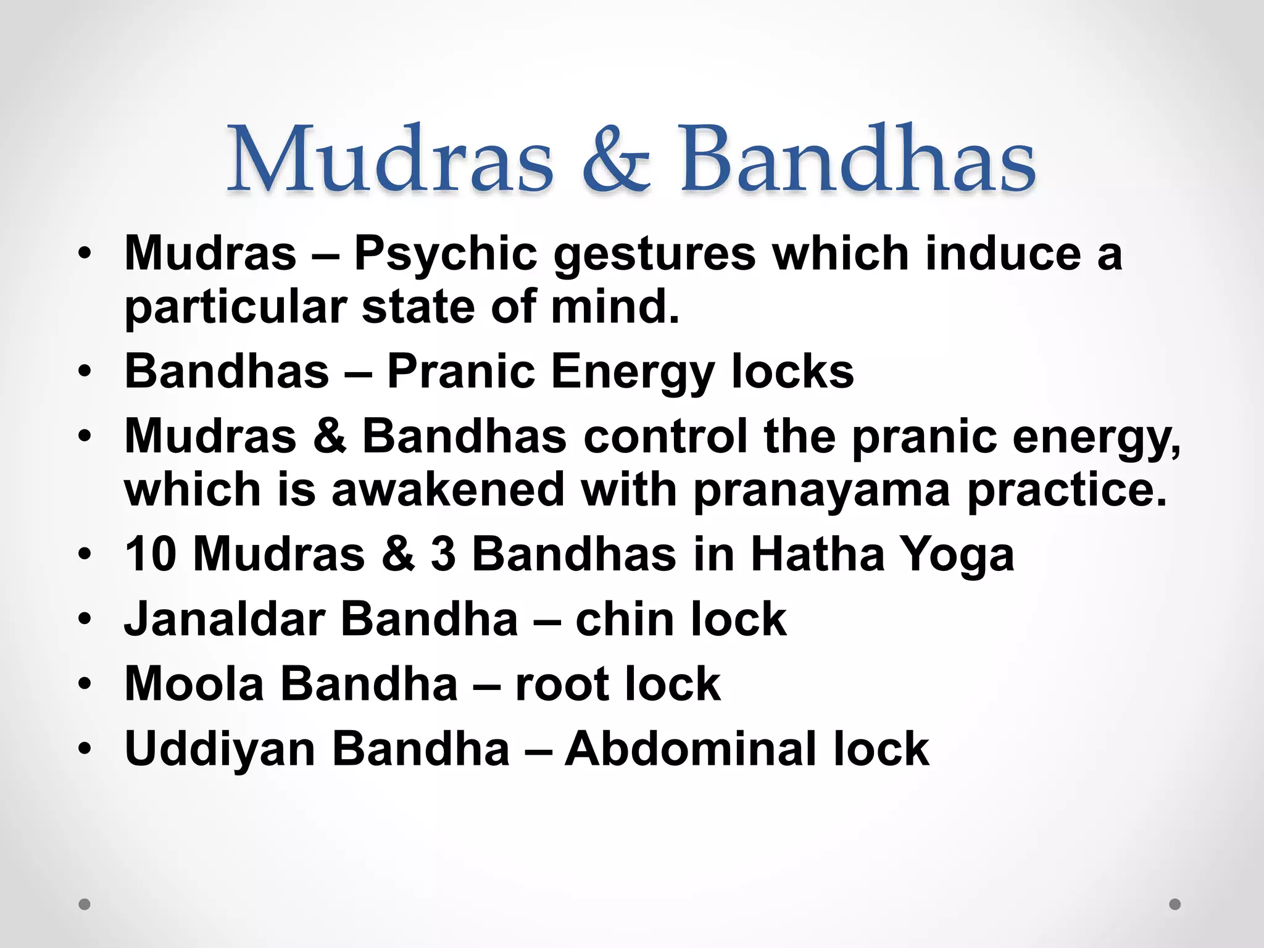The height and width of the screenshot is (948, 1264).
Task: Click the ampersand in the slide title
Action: click(x=615, y=159)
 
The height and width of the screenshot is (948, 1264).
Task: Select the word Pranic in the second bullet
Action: click(x=460, y=372)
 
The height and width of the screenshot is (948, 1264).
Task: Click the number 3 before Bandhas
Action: click(x=443, y=554)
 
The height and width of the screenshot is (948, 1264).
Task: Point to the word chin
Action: click(x=625, y=619)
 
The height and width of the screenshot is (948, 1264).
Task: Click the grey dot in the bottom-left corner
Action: click(x=85, y=905)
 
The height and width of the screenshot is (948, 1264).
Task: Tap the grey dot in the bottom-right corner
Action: click(x=1175, y=904)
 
